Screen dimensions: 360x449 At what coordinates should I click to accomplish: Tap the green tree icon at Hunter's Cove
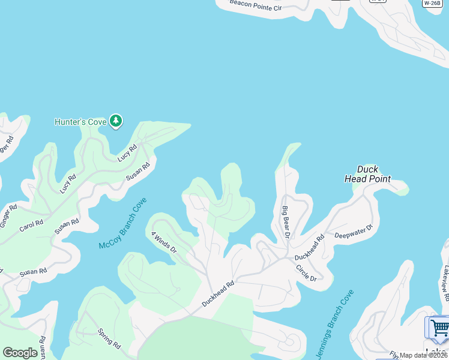[x=116, y=122]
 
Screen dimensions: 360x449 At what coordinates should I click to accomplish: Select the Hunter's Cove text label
[x=80, y=122]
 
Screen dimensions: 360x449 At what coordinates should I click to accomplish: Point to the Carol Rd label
[x=31, y=226]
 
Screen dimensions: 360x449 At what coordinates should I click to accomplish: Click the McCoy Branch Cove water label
[x=122, y=224]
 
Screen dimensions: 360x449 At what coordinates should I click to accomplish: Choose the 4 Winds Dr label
[x=164, y=241]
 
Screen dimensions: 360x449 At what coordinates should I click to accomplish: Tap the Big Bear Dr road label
[x=286, y=222]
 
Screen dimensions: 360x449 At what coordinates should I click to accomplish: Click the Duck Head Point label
[x=367, y=174]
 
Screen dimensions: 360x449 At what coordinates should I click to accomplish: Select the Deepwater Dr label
[x=354, y=231]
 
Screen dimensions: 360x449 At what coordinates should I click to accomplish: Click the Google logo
[x=20, y=353]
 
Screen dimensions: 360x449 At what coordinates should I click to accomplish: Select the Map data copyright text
[x=424, y=355]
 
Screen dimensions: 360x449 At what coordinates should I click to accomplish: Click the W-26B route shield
[x=432, y=3]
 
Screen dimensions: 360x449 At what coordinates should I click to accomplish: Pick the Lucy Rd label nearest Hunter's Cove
[x=127, y=152]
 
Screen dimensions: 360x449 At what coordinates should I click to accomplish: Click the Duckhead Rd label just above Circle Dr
[x=310, y=247]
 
